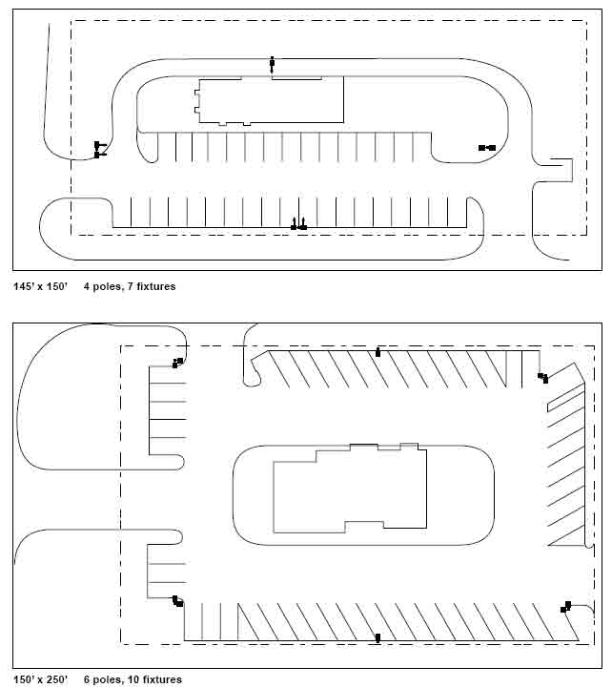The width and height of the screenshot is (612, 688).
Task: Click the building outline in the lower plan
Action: (x=426, y=487)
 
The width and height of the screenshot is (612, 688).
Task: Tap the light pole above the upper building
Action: (x=272, y=65)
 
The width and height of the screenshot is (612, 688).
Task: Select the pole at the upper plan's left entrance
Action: (x=98, y=150)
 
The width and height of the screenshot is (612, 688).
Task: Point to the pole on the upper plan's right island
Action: (x=487, y=148)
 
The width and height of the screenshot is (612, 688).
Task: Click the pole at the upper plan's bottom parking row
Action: (x=299, y=224)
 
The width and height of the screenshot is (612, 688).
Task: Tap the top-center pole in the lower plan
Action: (x=377, y=352)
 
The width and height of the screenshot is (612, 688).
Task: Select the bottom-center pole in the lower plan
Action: (x=377, y=638)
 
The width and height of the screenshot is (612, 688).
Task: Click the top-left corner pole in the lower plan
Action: (x=177, y=363)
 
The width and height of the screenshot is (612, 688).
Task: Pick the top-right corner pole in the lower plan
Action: (x=543, y=377)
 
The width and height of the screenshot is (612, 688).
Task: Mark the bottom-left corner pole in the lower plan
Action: (x=177, y=601)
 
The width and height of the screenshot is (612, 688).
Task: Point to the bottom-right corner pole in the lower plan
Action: (x=566, y=607)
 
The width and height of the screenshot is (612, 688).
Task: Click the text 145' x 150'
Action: (x=41, y=286)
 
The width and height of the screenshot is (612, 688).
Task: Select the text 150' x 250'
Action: (x=41, y=679)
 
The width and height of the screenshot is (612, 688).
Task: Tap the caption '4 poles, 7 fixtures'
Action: (x=130, y=286)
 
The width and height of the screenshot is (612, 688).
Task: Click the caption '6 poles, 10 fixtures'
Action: (x=133, y=679)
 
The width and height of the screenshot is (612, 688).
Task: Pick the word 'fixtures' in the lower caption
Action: (x=162, y=679)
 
